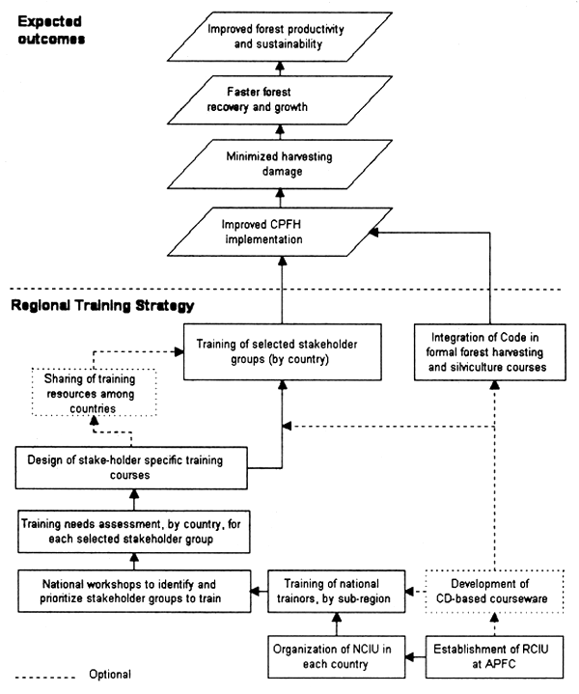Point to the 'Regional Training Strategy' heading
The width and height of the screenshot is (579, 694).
102,306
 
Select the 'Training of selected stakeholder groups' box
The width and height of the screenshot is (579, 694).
281,348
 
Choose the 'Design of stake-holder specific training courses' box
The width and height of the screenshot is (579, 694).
131,468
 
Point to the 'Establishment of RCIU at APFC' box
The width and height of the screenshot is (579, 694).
493,654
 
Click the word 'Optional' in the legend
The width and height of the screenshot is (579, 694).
108,674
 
